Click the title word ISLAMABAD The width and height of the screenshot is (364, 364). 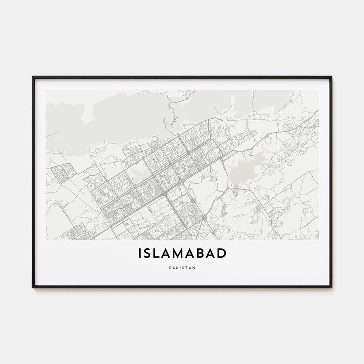[x=182, y=253]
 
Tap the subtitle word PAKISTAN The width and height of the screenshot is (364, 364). [x=182, y=267]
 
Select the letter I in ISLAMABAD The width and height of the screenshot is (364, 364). [x=140, y=253]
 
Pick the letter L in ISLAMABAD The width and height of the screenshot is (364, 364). [x=157, y=253]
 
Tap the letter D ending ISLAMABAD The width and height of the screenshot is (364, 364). [x=222, y=253]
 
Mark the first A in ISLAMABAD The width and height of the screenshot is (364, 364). [x=168, y=253]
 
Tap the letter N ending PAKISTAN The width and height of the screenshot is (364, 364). [x=194, y=267]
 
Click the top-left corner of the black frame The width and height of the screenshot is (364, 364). [x=33, y=77]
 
